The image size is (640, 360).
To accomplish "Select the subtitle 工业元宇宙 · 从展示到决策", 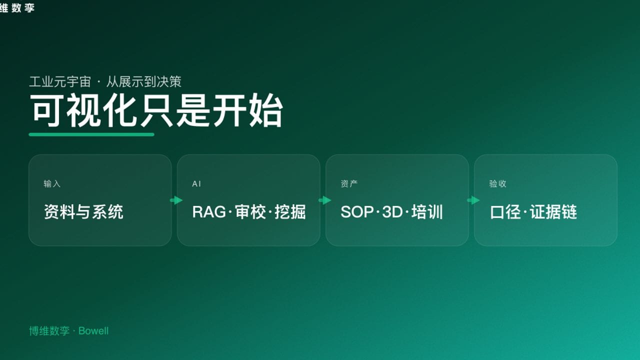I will pos(105,81).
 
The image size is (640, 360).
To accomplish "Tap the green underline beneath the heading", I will pos(91,134).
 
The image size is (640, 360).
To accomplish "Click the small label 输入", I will pos(52,184).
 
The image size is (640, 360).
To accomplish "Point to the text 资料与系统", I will pos(83,212).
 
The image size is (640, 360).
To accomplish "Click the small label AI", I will pos(196,184).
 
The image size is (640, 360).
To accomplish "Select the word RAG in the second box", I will pos(209,212).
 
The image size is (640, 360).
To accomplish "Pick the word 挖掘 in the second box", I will pos(290,212).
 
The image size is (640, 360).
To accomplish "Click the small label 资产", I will pos(349,184).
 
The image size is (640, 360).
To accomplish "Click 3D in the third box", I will pos(392,212).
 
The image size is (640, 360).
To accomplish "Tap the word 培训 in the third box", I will pos(427,212).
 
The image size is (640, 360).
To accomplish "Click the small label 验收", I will pos(497,184).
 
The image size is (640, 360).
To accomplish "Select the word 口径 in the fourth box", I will pos(505,212).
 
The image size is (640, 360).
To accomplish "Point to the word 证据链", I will pos(553,212).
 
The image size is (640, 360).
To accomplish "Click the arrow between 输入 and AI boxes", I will pos(176,200).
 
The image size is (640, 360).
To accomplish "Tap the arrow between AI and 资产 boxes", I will pos(324,200).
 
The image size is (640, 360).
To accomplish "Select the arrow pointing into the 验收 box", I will pos(473,200).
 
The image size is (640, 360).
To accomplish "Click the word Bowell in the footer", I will pos(93,331).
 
